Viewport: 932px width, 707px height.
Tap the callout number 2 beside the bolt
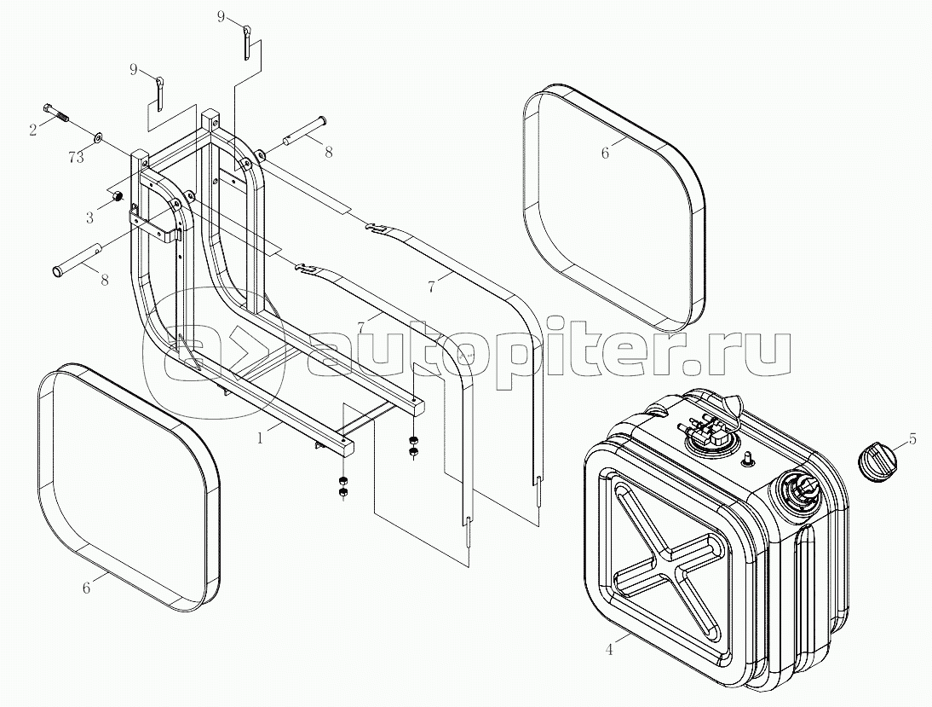click(x=33, y=130)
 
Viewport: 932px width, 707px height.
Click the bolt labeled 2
click(x=56, y=113)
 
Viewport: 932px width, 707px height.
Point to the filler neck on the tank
click(x=797, y=490)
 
